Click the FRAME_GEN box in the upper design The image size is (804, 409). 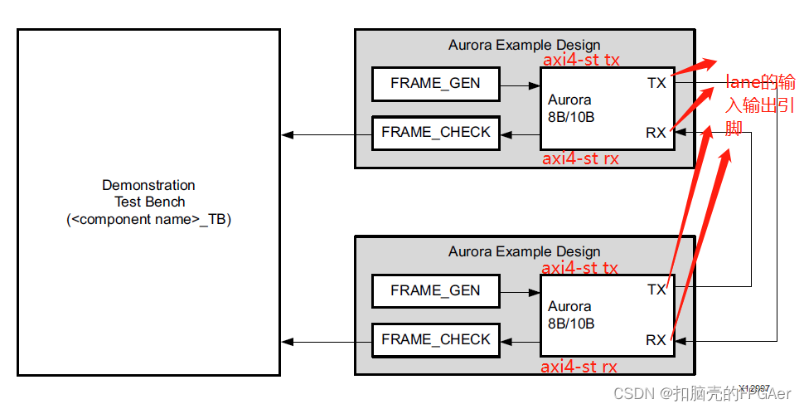tap(435, 84)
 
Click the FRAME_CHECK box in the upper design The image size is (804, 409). tap(435, 133)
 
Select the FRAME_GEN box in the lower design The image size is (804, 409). tap(435, 291)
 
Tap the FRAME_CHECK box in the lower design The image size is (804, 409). tap(435, 340)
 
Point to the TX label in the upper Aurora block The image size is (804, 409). tap(656, 83)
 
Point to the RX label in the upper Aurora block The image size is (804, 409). tap(656, 133)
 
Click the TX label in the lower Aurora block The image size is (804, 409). tap(656, 290)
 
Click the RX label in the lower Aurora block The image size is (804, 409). tap(656, 340)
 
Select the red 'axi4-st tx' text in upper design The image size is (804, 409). tap(581, 61)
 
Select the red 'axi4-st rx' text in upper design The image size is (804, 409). tap(580, 158)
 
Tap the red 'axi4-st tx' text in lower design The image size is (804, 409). tap(579, 268)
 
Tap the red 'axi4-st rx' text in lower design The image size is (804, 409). tap(579, 366)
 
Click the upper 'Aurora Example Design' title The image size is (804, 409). tap(524, 46)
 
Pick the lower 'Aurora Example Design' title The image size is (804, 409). tap(524, 251)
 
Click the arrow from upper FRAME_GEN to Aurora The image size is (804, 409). tap(521, 85)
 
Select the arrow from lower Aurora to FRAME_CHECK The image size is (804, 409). tap(520, 341)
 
